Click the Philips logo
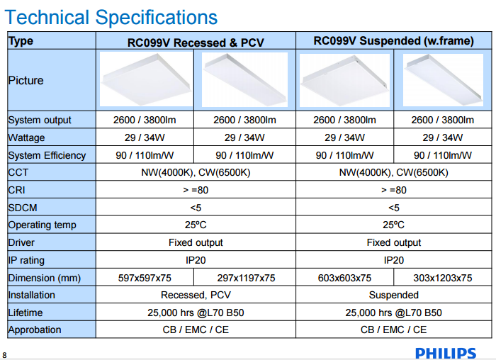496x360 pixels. coord(446,352)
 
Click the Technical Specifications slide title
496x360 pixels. coord(111,16)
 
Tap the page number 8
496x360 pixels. coord(4,354)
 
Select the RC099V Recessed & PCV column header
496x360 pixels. coord(195,43)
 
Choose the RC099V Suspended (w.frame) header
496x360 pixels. coord(393,41)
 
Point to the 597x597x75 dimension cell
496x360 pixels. coord(145,278)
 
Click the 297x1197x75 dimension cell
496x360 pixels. coord(245,278)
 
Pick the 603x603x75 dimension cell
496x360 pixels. coord(344,278)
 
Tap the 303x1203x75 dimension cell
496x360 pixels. coord(443,278)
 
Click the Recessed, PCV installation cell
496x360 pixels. coord(196,295)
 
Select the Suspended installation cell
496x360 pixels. coord(393,295)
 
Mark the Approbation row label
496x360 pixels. coord(35,330)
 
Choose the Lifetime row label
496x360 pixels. coord(26,313)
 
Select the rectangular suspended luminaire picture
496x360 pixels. coord(443,79)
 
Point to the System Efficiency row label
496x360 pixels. coord(47,155)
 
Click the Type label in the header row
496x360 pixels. coord(21,40)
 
